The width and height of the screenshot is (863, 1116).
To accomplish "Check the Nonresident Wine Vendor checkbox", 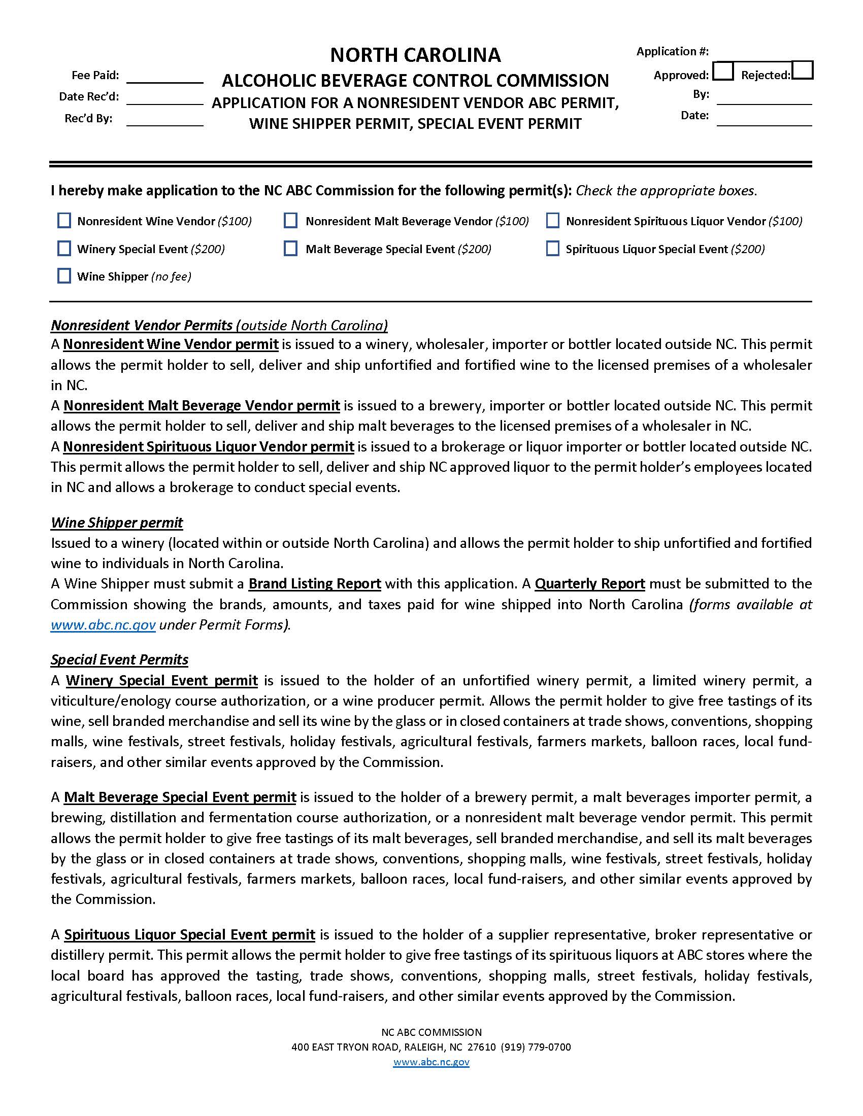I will (64, 221).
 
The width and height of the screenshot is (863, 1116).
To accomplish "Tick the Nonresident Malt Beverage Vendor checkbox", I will (290, 221).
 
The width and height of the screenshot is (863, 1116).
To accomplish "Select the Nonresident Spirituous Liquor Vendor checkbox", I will (552, 221).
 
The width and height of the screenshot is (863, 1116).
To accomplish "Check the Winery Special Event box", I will (64, 249).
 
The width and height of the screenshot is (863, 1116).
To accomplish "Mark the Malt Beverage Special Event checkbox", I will (290, 249).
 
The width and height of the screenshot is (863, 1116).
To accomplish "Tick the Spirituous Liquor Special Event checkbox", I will (552, 249).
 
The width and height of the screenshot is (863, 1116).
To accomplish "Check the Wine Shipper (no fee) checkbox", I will (64, 276).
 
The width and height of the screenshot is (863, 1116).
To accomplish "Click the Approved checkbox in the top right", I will (723, 71).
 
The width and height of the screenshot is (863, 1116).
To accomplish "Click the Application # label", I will (672, 51).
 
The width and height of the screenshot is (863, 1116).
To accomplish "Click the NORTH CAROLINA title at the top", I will (415, 55).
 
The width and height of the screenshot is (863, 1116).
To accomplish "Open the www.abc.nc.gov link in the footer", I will (431, 1062).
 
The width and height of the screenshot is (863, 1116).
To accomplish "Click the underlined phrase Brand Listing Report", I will (315, 583).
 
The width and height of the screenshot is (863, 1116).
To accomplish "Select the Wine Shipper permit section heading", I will (117, 522).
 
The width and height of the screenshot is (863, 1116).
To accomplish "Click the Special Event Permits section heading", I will (119, 659).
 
